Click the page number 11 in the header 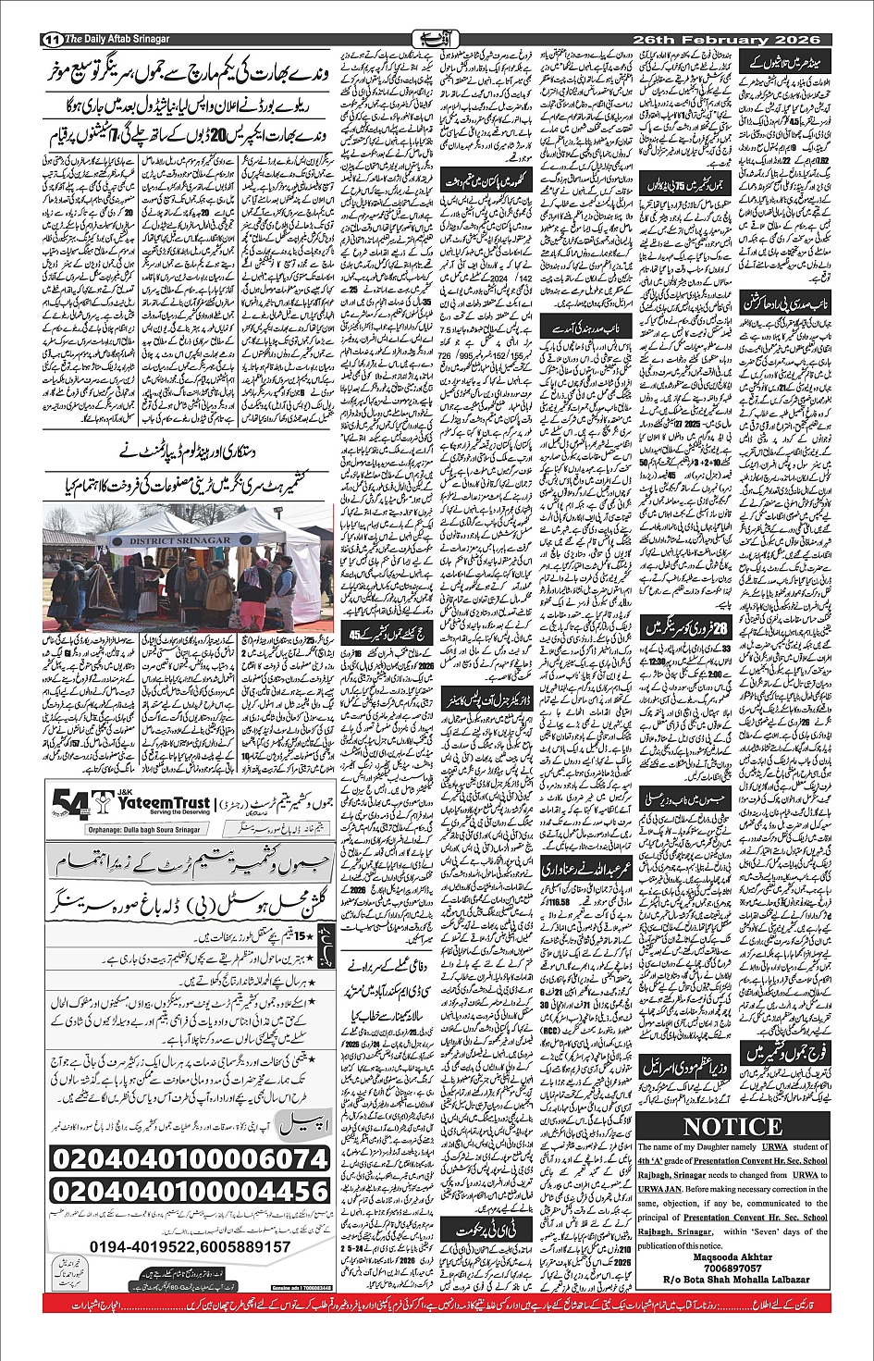point(52,40)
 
